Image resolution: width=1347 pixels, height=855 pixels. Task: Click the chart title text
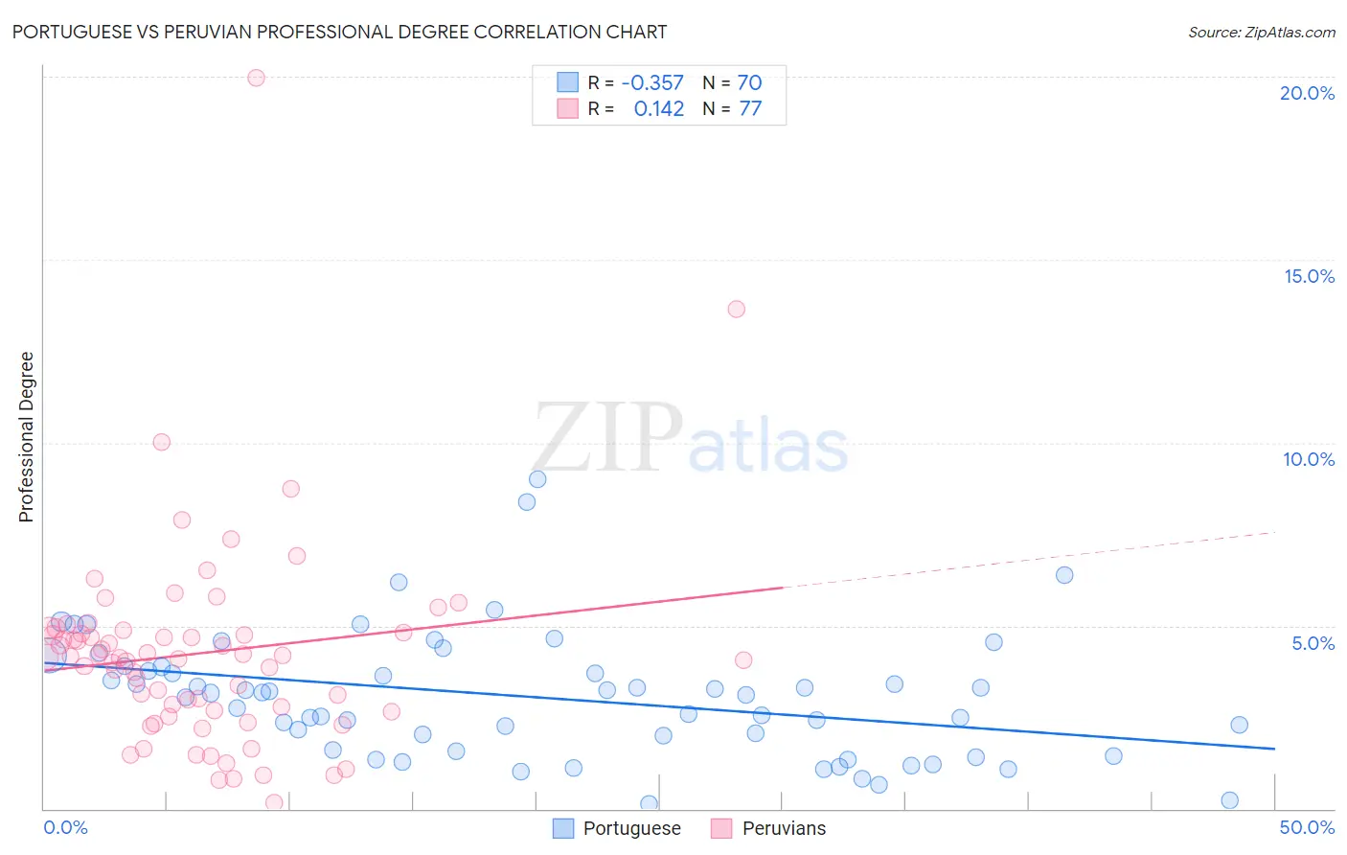[x=339, y=32]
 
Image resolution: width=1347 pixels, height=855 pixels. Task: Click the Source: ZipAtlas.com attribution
[x=1261, y=32]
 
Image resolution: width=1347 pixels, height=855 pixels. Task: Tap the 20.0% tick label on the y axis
[x=1307, y=93]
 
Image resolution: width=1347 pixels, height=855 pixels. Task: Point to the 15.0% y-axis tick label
[x=1309, y=276]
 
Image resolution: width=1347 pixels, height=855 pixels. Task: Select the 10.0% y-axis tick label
[x=1309, y=459]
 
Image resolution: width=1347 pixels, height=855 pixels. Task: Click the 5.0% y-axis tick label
[x=1313, y=643]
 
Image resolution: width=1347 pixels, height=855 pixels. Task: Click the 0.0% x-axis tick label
[x=65, y=827]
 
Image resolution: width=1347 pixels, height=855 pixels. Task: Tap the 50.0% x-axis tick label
[x=1307, y=827]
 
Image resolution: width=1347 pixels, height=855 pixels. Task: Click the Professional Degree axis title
[x=26, y=437]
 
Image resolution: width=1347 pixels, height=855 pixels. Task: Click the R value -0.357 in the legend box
[x=652, y=82]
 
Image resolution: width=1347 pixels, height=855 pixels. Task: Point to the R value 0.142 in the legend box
[x=659, y=108]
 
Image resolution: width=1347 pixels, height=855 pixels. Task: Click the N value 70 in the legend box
[x=749, y=82]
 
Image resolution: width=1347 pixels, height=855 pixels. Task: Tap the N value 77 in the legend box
[x=750, y=108]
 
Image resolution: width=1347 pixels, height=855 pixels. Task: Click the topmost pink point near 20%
[x=256, y=78]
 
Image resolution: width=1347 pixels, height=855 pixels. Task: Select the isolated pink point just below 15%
[x=736, y=309]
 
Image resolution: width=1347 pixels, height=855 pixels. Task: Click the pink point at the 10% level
[x=161, y=442]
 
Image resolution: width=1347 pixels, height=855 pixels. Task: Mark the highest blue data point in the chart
[x=537, y=479]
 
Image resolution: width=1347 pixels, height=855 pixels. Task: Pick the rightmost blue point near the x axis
[x=1230, y=800]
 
